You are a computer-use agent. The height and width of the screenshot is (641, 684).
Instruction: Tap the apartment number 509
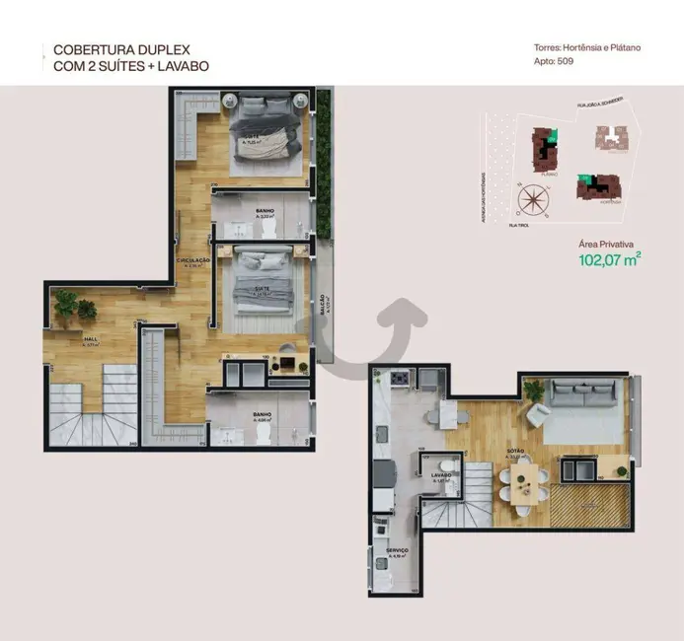coord(565,61)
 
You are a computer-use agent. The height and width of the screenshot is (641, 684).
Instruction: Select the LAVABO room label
coord(440,475)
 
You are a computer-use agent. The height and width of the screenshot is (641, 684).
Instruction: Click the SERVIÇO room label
coord(398,550)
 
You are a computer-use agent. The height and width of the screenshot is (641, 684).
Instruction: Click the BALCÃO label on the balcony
coord(324,303)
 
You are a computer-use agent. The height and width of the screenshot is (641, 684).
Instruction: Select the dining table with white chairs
coord(523,483)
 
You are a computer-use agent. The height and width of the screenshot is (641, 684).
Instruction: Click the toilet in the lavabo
coord(447,463)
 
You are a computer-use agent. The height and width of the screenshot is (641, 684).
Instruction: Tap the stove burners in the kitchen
coord(400,379)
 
